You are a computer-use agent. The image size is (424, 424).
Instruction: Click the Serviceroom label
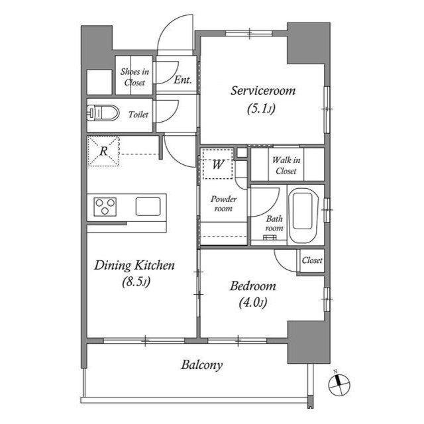[x=263, y=90]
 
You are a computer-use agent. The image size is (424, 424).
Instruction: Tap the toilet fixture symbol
[x=103, y=113]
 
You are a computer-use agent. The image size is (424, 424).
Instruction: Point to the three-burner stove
[x=105, y=207]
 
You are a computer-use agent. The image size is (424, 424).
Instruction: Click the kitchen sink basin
[x=148, y=207]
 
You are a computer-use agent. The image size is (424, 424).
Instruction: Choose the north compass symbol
[x=339, y=384]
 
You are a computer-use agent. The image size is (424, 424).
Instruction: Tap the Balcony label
[x=201, y=365]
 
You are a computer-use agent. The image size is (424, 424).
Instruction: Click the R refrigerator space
[x=103, y=151]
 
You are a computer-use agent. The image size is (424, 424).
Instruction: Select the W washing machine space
[x=218, y=164]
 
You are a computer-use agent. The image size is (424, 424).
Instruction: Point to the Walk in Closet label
[x=286, y=166]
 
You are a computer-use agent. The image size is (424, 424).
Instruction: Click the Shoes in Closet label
[x=134, y=77]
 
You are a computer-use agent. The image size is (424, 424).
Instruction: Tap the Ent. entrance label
[x=183, y=79]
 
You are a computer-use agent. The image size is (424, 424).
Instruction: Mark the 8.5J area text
[x=136, y=282]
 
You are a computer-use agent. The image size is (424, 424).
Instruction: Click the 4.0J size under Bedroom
[x=253, y=302]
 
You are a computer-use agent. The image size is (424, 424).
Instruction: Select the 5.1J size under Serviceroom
[x=261, y=108]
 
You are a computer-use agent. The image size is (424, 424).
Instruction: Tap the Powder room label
[x=223, y=203]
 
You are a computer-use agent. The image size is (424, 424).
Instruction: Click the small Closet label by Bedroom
[x=312, y=260]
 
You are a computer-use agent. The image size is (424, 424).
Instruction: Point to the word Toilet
[x=138, y=115]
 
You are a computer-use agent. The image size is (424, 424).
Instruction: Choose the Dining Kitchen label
[x=134, y=265]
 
